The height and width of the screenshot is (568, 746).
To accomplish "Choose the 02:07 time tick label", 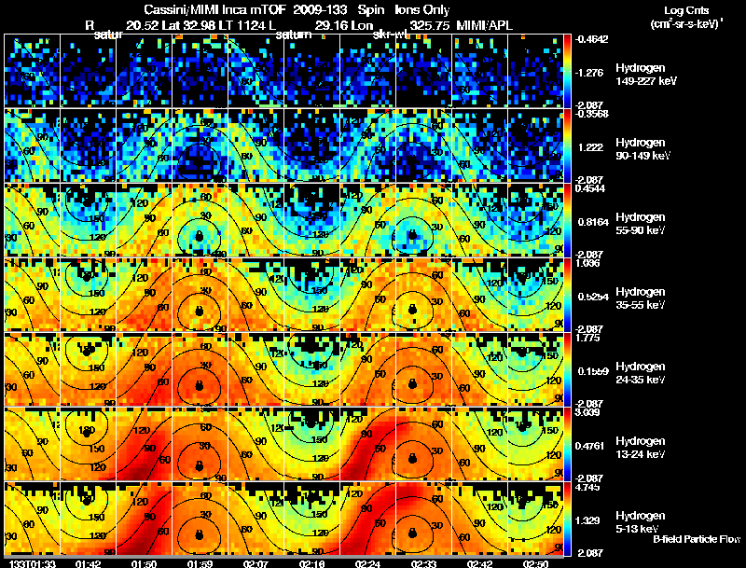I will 256,563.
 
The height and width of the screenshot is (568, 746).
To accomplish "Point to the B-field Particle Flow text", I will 697,539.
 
